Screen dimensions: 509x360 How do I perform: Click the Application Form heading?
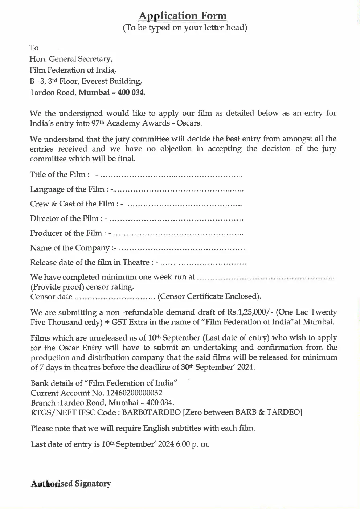click(x=183, y=16)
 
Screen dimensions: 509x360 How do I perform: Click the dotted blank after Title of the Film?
click(x=171, y=175)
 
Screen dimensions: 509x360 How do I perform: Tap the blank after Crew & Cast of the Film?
click(x=185, y=205)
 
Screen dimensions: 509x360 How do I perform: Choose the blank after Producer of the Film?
click(x=180, y=234)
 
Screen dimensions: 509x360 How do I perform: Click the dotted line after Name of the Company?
click(x=182, y=249)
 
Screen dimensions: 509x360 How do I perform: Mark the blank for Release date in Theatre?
click(x=203, y=263)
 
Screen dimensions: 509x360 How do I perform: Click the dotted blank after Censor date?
click(x=115, y=297)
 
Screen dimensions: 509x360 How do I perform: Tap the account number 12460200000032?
click(x=134, y=393)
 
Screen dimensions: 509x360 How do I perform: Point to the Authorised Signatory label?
click(x=71, y=484)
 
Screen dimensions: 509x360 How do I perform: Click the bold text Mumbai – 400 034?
click(x=112, y=92)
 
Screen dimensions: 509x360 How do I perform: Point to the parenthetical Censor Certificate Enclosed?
click(x=209, y=296)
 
